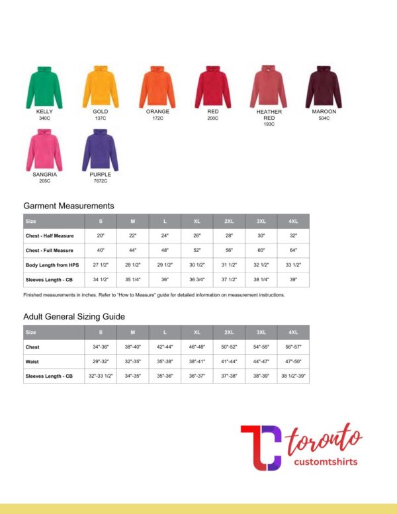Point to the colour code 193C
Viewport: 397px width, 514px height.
click(269, 124)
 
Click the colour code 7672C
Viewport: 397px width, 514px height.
click(100, 181)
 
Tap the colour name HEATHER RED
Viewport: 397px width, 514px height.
click(269, 115)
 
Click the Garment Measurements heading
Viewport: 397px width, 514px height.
click(69, 206)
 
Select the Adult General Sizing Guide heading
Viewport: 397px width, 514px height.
click(74, 316)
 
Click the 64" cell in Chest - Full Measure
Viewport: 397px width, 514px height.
click(293, 250)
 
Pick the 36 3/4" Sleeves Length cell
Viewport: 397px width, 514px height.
click(197, 280)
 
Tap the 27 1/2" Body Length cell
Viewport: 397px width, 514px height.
click(101, 265)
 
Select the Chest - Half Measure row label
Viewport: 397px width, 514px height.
click(50, 236)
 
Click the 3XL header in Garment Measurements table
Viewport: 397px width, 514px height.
click(261, 221)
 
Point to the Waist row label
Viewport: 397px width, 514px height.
click(32, 361)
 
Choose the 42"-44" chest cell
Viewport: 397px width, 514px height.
click(165, 347)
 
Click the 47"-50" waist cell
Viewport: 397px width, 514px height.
click(293, 361)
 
